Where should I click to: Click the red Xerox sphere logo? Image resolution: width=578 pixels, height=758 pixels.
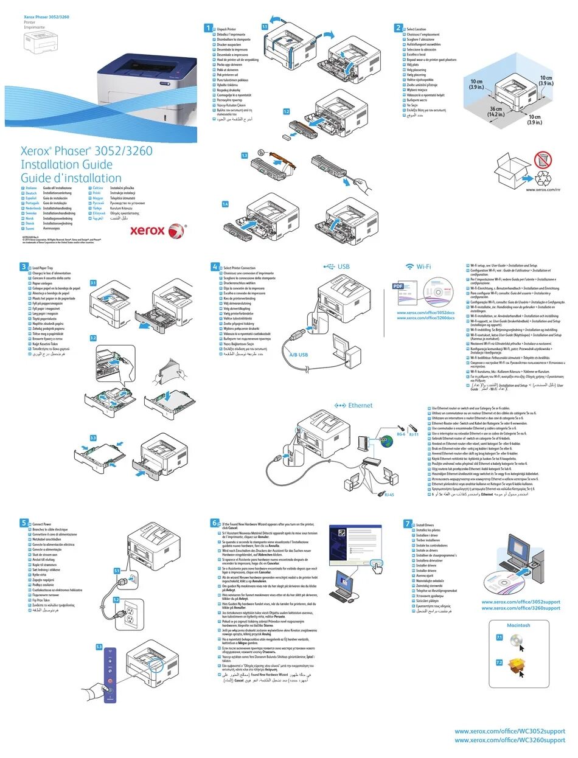coord(176,231)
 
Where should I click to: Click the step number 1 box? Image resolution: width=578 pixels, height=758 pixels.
coord(208,29)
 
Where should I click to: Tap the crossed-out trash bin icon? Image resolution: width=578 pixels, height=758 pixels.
coord(543,161)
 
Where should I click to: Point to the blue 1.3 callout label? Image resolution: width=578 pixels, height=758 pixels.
coord(245,156)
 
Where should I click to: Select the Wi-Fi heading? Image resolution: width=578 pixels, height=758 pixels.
coord(419,267)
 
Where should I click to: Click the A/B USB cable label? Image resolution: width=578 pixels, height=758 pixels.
coord(298,355)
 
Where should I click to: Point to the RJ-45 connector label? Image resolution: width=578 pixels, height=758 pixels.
coord(389,495)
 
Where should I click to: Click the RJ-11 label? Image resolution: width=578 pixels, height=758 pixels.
coord(414,434)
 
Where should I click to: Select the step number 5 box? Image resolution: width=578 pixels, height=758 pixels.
coord(24,523)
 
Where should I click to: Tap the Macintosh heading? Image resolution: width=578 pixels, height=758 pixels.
coord(518,625)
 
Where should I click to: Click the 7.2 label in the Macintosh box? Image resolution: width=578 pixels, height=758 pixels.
coord(499,662)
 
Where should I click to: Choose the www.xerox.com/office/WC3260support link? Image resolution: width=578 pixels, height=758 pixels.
coord(510,740)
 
